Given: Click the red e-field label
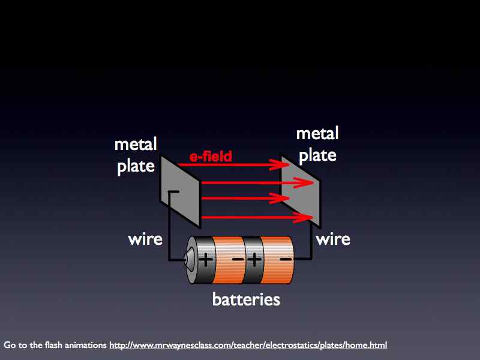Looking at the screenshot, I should (x=211, y=157).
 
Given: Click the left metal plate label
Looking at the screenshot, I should (x=136, y=155).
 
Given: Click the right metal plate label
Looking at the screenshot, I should (x=317, y=144).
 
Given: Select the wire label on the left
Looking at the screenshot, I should (x=145, y=239).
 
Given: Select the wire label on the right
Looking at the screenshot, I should (x=333, y=239).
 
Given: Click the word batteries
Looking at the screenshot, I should (x=246, y=298).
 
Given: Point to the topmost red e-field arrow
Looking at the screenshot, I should (x=240, y=164).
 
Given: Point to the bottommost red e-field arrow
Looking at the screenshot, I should (x=252, y=217).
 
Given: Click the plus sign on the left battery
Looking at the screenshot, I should (x=206, y=260).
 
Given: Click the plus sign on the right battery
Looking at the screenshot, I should (x=254, y=260).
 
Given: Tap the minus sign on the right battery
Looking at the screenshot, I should (x=285, y=260).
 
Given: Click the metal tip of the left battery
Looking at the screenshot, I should (x=188, y=260).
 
